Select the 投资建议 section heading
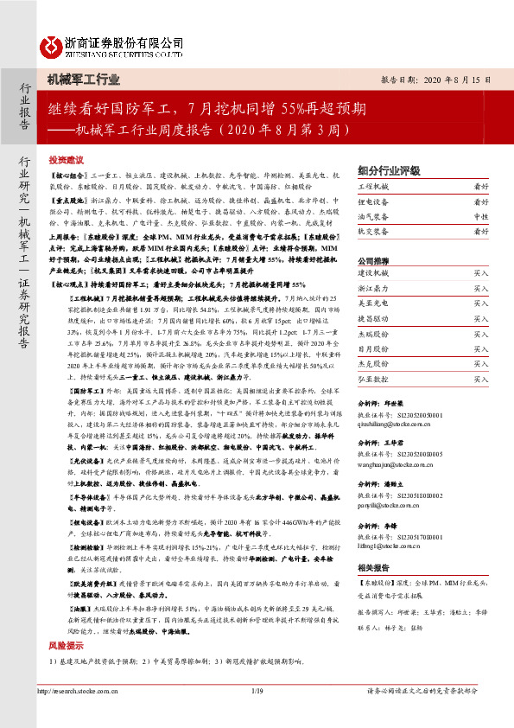coord(66,160)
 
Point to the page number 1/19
coord(257,714)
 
